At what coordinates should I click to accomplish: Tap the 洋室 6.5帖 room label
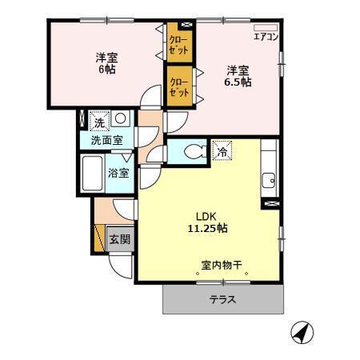pyautogui.click(x=238, y=76)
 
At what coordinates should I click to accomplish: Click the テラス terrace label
pyautogui.click(x=223, y=300)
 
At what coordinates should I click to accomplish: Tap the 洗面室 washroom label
pyautogui.click(x=106, y=141)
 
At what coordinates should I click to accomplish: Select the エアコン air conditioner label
pyautogui.click(x=266, y=37)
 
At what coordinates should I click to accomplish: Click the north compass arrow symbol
pyautogui.click(x=298, y=331)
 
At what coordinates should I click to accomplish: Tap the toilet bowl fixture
pyautogui.click(x=192, y=150)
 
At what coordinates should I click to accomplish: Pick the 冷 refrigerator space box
pyautogui.click(x=222, y=150)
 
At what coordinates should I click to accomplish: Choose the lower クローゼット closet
pyautogui.click(x=178, y=86)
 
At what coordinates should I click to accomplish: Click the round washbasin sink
pyautogui.click(x=119, y=119)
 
